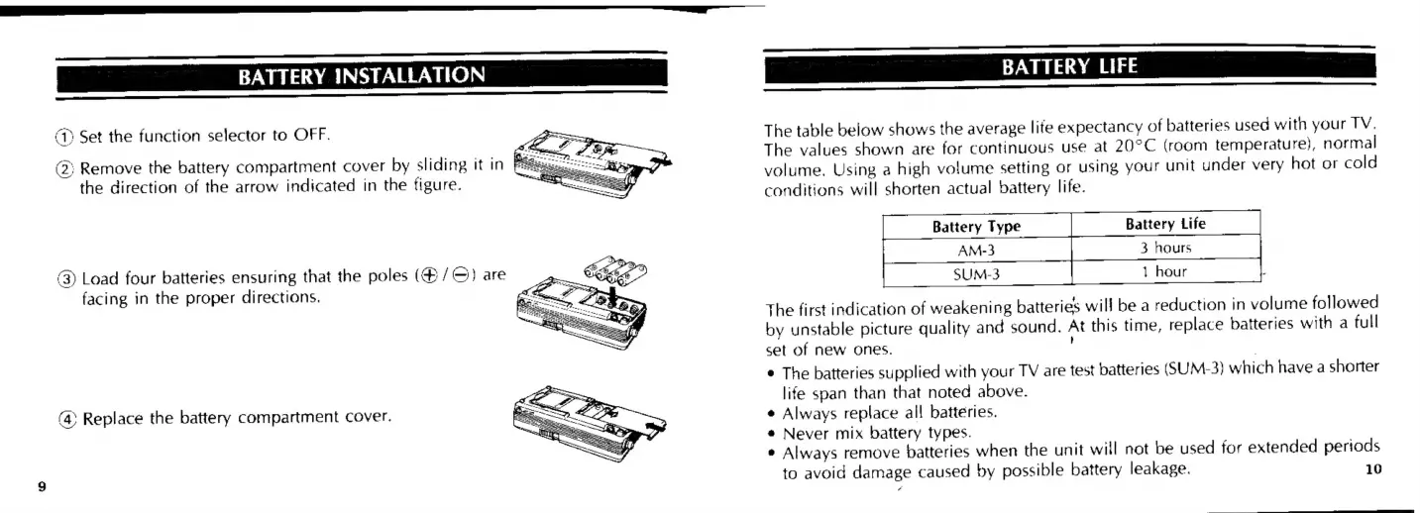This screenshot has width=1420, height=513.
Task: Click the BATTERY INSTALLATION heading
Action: click(x=360, y=75)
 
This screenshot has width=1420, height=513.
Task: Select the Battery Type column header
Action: click(x=976, y=227)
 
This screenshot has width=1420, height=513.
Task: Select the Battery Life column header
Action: click(x=1165, y=225)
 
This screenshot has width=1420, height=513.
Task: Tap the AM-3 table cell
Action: click(x=976, y=249)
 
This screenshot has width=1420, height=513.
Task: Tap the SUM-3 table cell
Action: click(x=976, y=271)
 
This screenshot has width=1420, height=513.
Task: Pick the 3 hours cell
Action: click(x=1165, y=248)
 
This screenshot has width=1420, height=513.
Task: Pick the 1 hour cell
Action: click(x=1165, y=270)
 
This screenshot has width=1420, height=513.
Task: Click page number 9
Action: click(x=42, y=485)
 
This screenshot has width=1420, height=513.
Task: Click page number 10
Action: click(x=1372, y=468)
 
